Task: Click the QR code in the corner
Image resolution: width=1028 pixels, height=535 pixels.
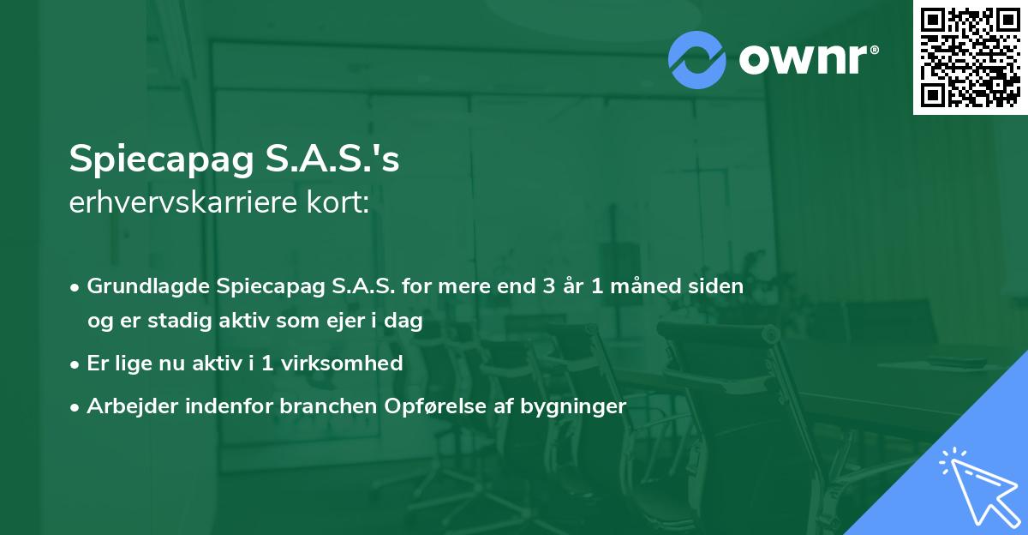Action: [x=970, y=57]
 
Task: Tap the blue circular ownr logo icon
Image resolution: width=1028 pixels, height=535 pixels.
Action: [x=697, y=59]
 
